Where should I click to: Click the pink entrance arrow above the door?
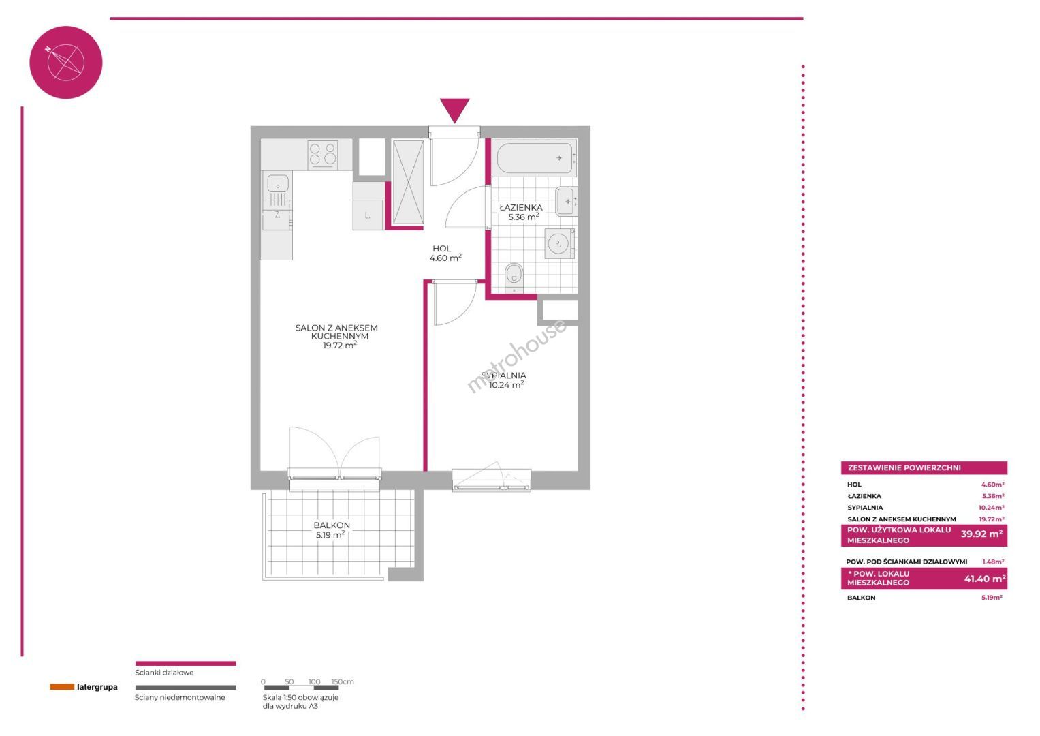click(454, 110)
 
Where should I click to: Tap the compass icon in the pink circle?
click(65, 62)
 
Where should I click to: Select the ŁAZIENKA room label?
click(521, 208)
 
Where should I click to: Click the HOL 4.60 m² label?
click(445, 254)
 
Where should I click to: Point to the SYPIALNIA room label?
click(504, 375)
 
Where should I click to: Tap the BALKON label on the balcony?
click(332, 525)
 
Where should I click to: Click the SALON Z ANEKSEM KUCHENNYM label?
click(336, 332)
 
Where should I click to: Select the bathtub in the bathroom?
click(535, 158)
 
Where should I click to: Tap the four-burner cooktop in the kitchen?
click(323, 154)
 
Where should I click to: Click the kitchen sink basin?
click(278, 183)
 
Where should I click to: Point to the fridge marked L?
click(368, 215)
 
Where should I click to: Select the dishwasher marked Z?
click(277, 220)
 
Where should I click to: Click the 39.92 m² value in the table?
click(981, 534)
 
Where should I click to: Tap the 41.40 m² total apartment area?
click(985, 579)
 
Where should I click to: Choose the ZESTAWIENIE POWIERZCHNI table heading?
click(904, 468)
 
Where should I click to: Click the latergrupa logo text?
click(97, 687)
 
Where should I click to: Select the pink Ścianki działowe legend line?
click(186, 664)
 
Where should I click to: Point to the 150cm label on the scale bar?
click(343, 681)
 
